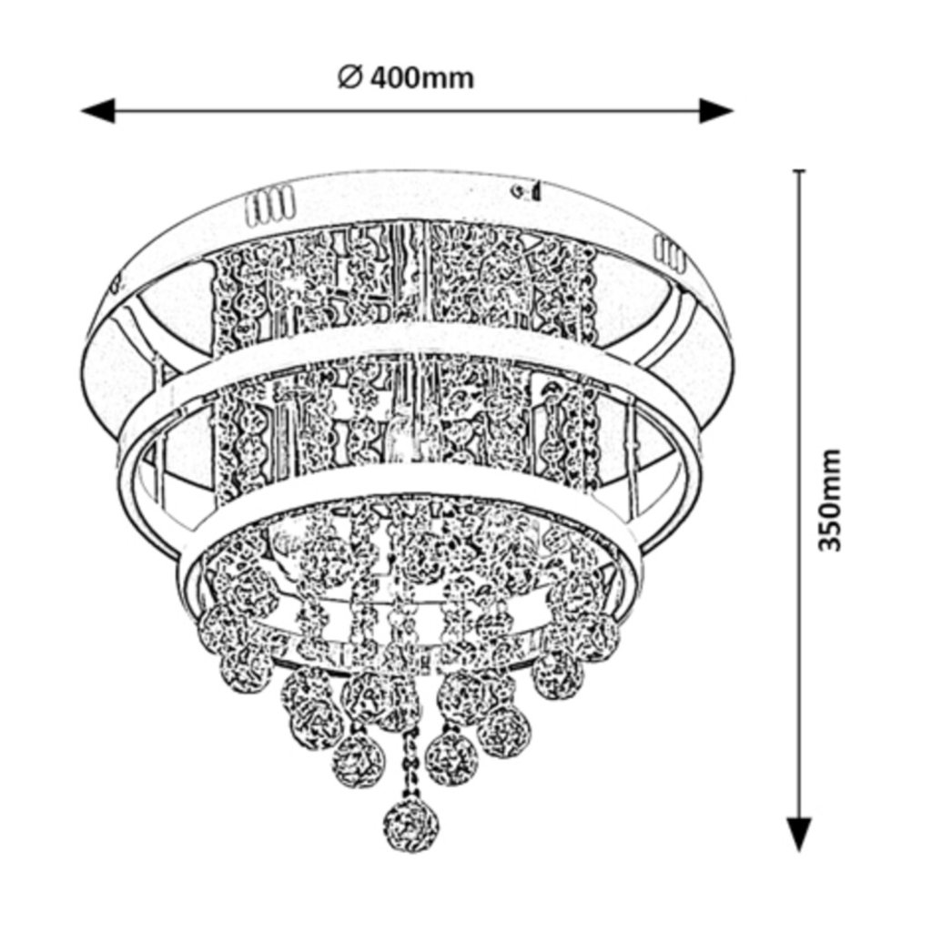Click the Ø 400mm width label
(406, 78)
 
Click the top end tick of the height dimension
(799, 171)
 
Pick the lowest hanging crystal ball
(410, 826)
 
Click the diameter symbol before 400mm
(350, 78)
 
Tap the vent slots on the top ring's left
(269, 208)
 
